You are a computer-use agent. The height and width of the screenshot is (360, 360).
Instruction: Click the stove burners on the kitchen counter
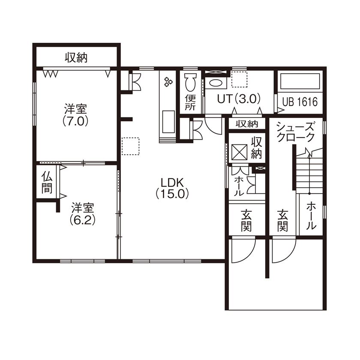click(x=167, y=81)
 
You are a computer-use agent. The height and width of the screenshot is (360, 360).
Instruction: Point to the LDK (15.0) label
click(x=173, y=187)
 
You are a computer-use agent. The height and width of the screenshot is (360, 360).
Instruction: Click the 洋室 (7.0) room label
click(x=76, y=114)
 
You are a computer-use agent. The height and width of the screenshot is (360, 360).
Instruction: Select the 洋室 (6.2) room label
click(x=83, y=214)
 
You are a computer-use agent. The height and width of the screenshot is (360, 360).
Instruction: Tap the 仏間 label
click(x=46, y=182)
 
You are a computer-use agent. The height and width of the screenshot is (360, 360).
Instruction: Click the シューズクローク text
click(x=296, y=132)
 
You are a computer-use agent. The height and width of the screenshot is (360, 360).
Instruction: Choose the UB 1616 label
click(x=300, y=102)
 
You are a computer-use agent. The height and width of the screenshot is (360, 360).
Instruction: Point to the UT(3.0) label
click(x=239, y=99)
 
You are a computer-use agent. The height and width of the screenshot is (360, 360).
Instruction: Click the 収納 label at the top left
click(x=76, y=57)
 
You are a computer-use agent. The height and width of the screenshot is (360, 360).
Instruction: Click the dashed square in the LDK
click(x=130, y=146)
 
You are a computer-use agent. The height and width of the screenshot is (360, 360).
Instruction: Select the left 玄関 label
click(x=246, y=219)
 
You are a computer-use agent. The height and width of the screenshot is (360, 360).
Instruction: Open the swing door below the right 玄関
click(x=283, y=249)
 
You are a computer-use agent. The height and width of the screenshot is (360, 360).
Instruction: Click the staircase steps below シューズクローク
click(x=309, y=171)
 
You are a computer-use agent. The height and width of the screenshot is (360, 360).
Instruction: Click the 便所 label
click(x=190, y=103)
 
